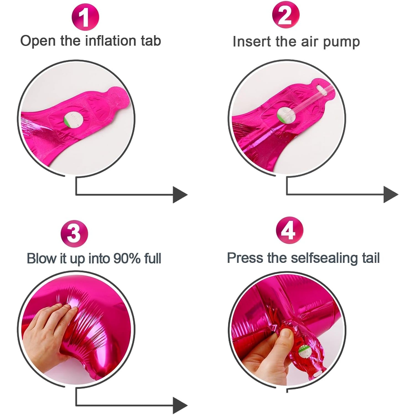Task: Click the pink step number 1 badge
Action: pyautogui.click(x=85, y=17)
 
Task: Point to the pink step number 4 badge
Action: pyautogui.click(x=289, y=230)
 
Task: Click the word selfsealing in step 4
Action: pyautogui.click(x=324, y=258)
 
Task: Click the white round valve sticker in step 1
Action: pyautogui.click(x=74, y=120)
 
